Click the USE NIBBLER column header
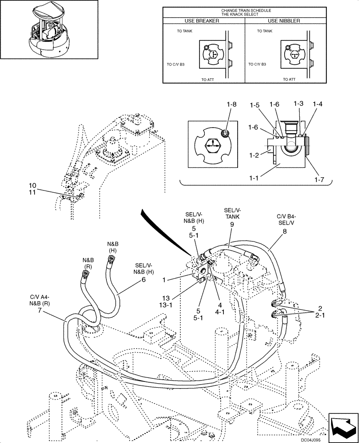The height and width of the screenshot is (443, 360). (284, 21)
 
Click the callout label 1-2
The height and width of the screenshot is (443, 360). (254, 155)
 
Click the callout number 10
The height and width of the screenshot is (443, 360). (33, 185)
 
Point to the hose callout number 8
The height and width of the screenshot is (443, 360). (284, 231)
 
